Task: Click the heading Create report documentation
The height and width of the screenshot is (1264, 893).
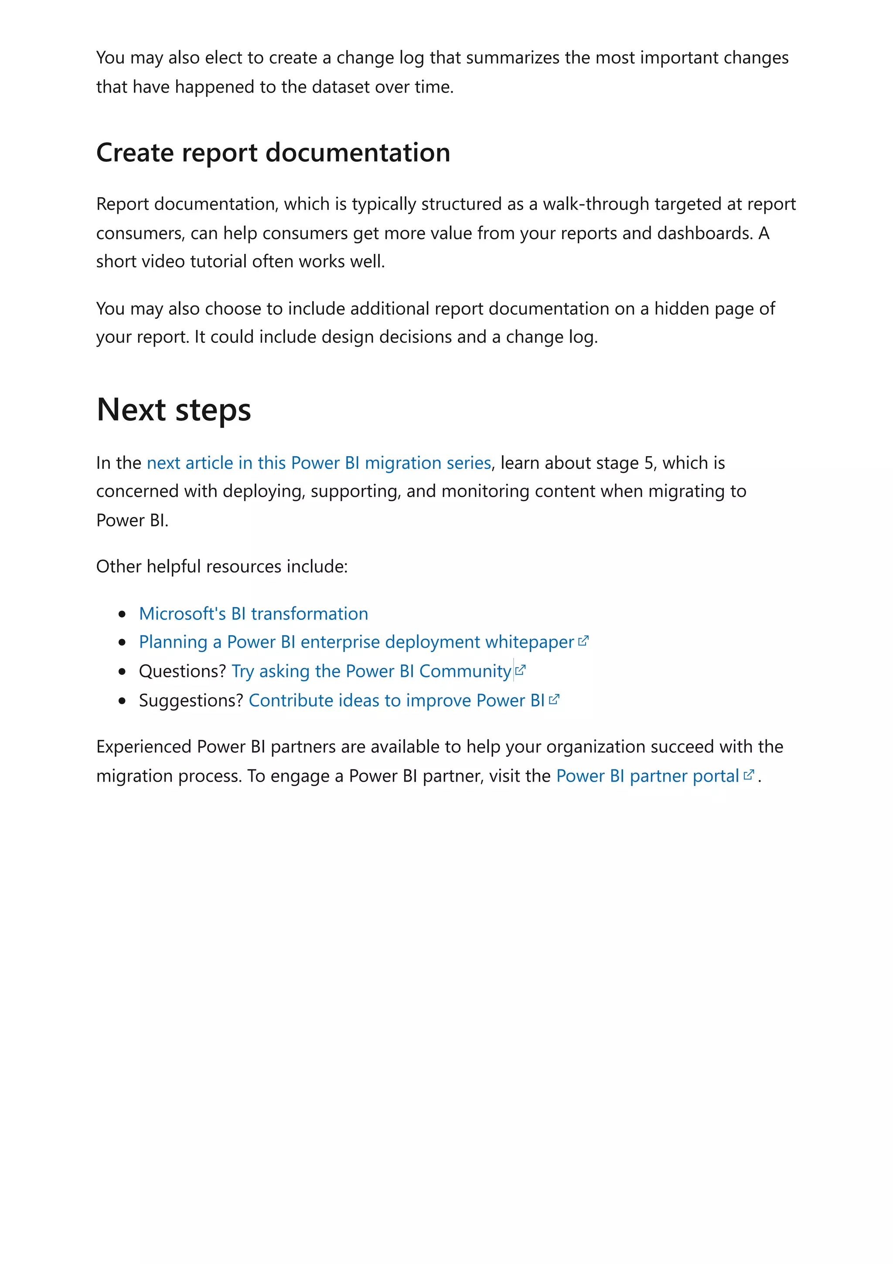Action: [273, 153]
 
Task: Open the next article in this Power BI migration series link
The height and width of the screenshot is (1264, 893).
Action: [319, 463]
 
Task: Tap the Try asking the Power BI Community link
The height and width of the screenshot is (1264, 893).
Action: [372, 671]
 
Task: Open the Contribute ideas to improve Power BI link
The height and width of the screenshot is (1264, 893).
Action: [396, 700]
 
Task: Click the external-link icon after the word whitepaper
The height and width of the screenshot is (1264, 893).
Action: [584, 641]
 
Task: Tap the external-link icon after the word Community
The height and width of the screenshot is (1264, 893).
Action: [521, 670]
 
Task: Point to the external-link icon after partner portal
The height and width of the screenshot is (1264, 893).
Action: [749, 775]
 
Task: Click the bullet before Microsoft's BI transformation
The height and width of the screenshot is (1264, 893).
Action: [122, 615]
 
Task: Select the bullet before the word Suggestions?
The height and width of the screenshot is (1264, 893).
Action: [122, 701]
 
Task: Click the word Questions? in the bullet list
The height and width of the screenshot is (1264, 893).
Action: [182, 671]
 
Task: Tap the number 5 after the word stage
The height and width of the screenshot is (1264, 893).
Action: [649, 463]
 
